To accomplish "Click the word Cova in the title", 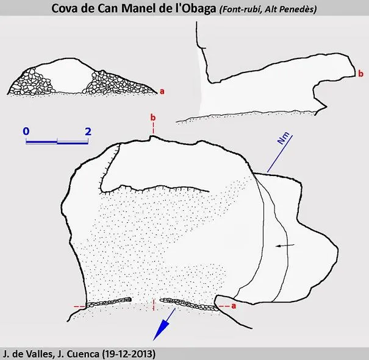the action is pyautogui.click(x=63, y=9).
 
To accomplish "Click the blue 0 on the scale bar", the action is pyautogui.click(x=26, y=131).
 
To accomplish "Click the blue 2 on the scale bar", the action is pyautogui.click(x=88, y=132).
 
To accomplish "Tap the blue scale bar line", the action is pyautogui.click(x=57, y=142).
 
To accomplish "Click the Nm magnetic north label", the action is pyautogui.click(x=284, y=138).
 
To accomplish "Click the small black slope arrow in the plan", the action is pyautogui.click(x=285, y=245).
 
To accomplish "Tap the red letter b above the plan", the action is pyautogui.click(x=153, y=117).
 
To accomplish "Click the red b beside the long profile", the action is pyautogui.click(x=360, y=74).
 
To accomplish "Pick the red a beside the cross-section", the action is pyautogui.click(x=162, y=91).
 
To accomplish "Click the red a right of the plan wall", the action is pyautogui.click(x=234, y=306).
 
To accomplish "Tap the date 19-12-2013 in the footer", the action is pyautogui.click(x=129, y=354).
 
